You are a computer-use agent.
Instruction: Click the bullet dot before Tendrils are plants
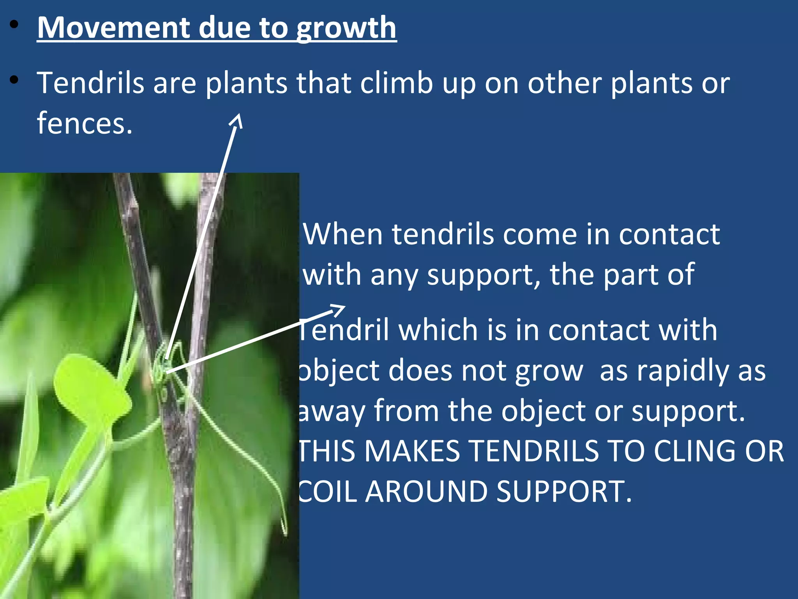pyautogui.click(x=14, y=80)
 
